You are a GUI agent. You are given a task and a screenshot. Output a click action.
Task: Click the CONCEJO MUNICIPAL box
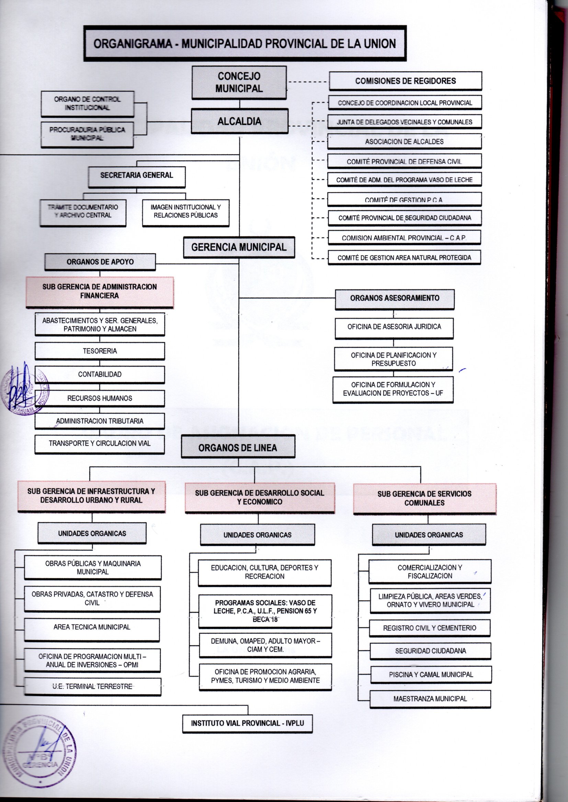coord(239,82)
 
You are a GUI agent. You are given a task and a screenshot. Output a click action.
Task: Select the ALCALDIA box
coord(239,121)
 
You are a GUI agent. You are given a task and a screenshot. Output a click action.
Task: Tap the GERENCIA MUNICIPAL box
coord(239,247)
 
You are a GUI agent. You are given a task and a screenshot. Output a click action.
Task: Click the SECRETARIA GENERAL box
coord(136,176)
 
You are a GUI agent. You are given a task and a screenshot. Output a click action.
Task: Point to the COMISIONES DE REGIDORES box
coord(405,81)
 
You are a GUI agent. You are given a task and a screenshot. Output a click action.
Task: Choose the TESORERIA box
coord(100,351)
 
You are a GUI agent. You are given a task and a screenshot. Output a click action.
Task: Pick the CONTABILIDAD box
coord(100,375)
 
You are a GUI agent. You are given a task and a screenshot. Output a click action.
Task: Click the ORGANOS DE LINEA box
coord(238,447)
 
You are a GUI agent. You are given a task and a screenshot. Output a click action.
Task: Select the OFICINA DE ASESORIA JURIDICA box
coord(394,327)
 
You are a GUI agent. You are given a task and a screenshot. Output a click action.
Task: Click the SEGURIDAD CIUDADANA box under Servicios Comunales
coord(430,651)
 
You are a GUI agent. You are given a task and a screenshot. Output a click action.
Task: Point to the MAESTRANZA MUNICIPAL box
coord(430,699)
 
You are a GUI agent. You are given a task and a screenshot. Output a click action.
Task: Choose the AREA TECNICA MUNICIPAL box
coord(92,627)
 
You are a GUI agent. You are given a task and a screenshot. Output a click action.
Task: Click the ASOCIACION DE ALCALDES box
coord(404,142)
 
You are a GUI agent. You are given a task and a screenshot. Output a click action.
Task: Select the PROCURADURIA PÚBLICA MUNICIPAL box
coord(87,134)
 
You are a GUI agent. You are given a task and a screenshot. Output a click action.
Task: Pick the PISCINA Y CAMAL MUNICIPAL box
coord(431,674)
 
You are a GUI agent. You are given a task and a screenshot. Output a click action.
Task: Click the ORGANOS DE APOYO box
coord(100,262)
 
